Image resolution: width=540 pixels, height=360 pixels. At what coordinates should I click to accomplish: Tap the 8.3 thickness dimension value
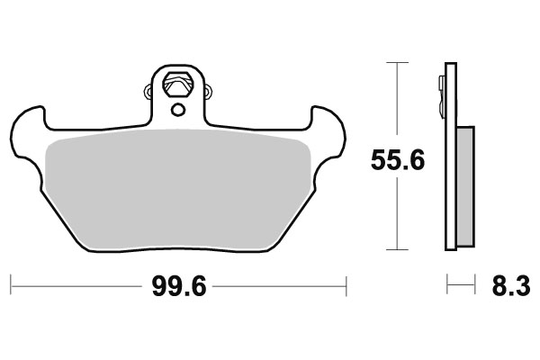[x=510, y=288]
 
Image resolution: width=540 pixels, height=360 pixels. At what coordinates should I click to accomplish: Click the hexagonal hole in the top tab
[x=177, y=84]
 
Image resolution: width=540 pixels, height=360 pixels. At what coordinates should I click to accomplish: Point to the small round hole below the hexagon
[x=177, y=110]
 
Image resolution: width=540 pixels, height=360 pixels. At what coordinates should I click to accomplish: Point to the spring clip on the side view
[x=442, y=90]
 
